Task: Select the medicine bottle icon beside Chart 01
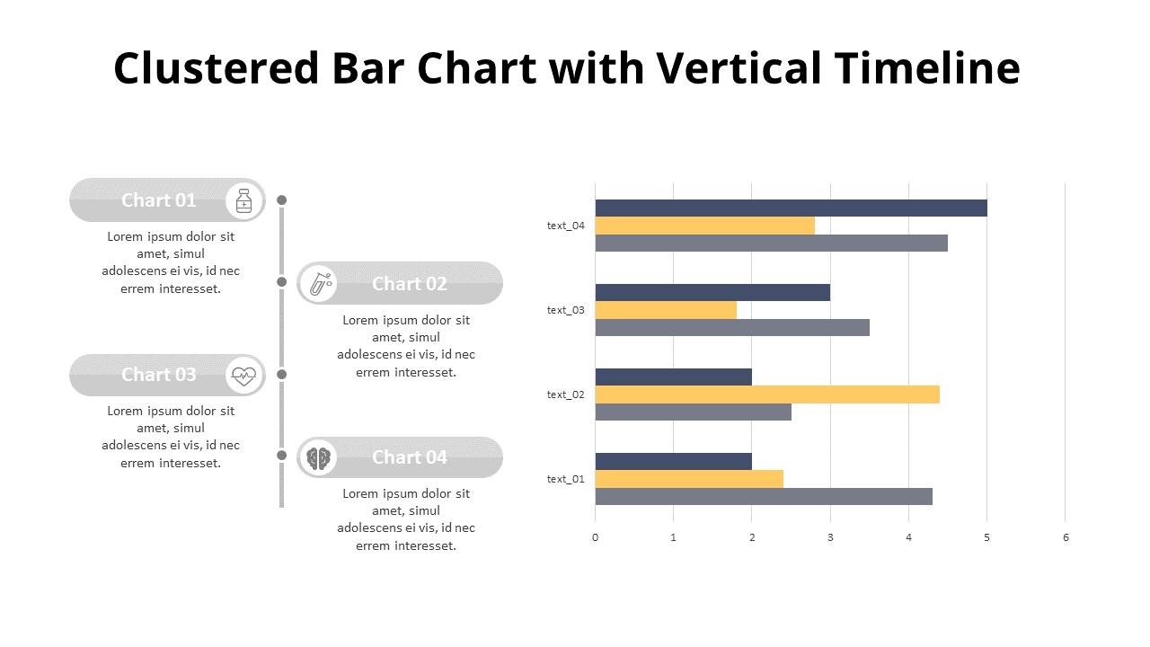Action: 243,199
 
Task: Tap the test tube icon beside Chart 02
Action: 317,283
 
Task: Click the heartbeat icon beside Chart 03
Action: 243,375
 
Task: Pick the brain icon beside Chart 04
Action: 317,457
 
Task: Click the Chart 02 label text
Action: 409,284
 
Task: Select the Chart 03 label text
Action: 158,375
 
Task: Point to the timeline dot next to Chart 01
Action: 281,199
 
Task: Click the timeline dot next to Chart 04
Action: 281,456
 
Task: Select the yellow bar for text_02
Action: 766,394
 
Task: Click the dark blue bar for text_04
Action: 791,208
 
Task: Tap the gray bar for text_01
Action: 763,496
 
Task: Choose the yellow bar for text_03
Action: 665,310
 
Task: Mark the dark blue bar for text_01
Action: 673,461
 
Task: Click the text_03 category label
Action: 565,310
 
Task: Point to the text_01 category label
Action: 565,479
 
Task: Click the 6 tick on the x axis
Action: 1066,537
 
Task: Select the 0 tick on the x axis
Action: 595,537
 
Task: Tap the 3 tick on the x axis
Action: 830,537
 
